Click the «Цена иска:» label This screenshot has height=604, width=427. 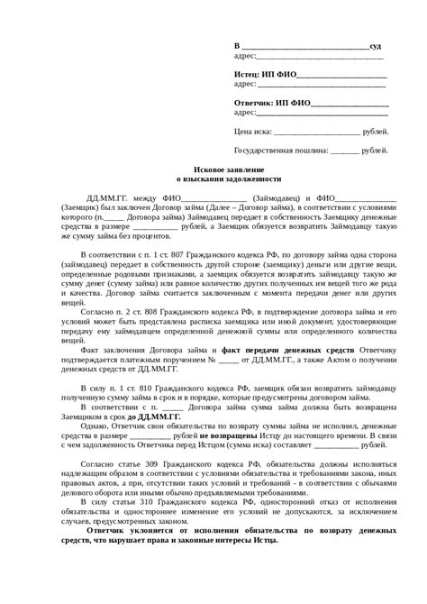tap(254, 131)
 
